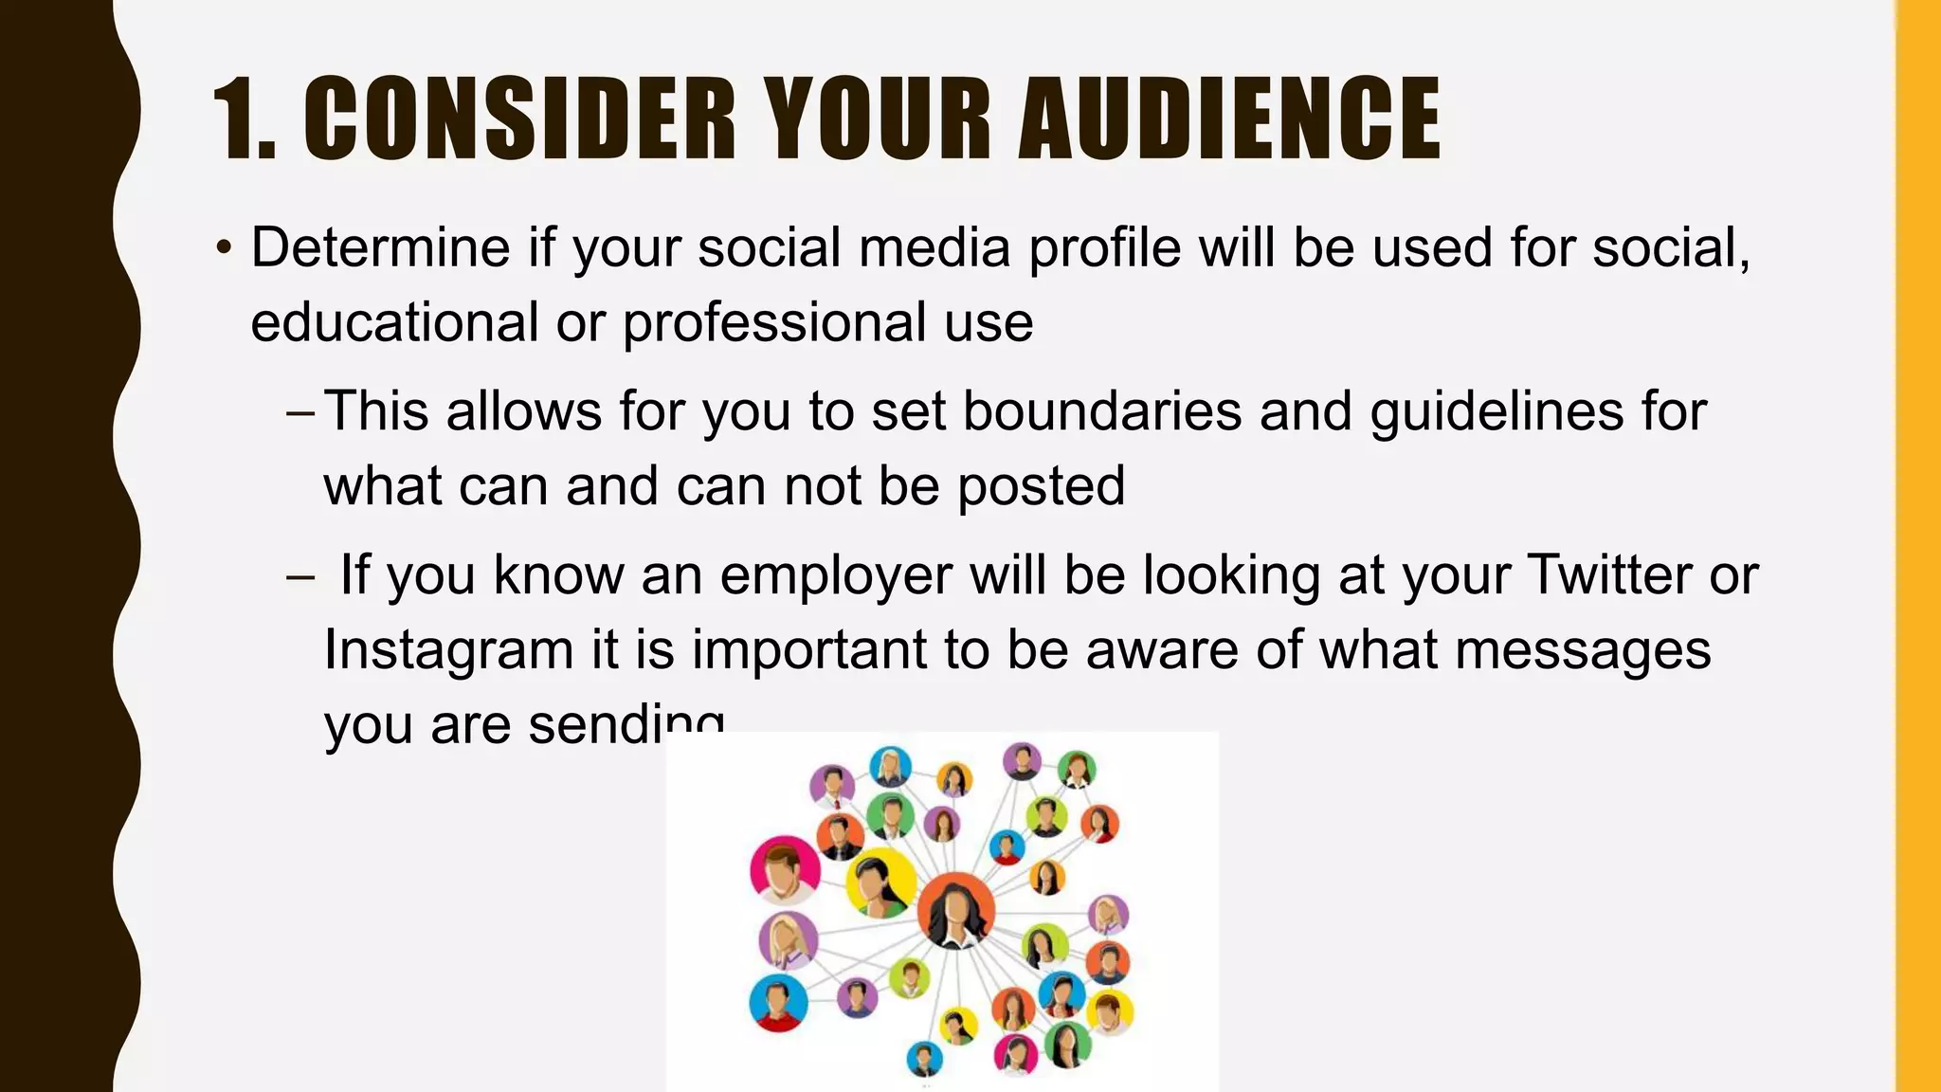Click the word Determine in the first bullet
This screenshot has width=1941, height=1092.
click(x=381, y=248)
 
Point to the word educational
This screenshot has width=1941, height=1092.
click(x=394, y=322)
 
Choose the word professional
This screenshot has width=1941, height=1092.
click(x=773, y=322)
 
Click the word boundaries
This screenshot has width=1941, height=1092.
click(x=1102, y=411)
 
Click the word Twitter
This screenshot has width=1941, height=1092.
click(x=1610, y=574)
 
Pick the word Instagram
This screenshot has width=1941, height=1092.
click(x=448, y=651)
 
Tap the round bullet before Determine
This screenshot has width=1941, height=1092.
click(x=223, y=249)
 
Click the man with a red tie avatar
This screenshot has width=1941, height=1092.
click(x=833, y=785)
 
